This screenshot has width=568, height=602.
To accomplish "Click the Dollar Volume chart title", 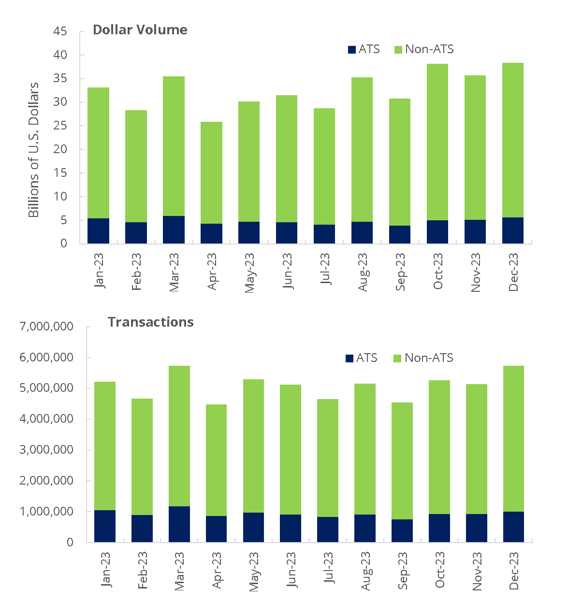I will pyautogui.click(x=140, y=30).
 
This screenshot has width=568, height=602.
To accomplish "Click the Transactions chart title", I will pyautogui.click(x=150, y=322).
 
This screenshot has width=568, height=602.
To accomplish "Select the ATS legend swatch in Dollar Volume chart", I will pyautogui.click(x=352, y=49).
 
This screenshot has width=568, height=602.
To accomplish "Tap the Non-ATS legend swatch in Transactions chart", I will pyautogui.click(x=397, y=358).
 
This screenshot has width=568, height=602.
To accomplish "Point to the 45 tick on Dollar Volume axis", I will pyautogui.click(x=60, y=31).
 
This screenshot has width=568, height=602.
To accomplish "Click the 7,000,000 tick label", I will pyautogui.click(x=46, y=327).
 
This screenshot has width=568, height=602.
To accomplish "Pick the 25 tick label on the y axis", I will pyautogui.click(x=60, y=126).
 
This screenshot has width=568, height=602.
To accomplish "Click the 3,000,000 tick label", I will pyautogui.click(x=46, y=450).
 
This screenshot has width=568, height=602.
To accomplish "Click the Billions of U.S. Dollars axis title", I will pyautogui.click(x=33, y=150).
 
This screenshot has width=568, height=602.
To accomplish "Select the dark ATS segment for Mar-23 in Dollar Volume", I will pyautogui.click(x=174, y=229).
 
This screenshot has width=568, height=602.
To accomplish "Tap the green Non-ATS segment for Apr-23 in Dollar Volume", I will pyautogui.click(x=211, y=172).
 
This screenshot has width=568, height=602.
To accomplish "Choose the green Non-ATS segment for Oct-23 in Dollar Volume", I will pyautogui.click(x=437, y=142).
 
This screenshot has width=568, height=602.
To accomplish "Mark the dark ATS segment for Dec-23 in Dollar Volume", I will pyautogui.click(x=512, y=230).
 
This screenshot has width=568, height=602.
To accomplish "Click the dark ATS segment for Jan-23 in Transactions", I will pyautogui.click(x=105, y=526).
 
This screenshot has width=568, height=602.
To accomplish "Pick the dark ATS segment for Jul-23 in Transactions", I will pyautogui.click(x=328, y=530).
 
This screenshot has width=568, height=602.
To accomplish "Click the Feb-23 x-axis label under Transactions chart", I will pyautogui.click(x=143, y=571).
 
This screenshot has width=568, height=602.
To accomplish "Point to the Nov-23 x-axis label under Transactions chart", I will pyautogui.click(x=477, y=572).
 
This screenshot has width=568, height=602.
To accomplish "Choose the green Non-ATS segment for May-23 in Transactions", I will pyautogui.click(x=253, y=446).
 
